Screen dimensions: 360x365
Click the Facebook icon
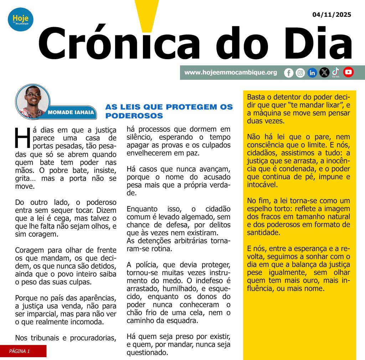[289, 73]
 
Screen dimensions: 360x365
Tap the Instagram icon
[300, 73]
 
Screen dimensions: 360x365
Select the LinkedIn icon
[312, 73]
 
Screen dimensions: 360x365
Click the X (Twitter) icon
[324, 73]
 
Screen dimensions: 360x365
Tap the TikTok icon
[335, 72]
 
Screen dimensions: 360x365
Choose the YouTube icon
[348, 72]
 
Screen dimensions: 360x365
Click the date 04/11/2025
[331, 15]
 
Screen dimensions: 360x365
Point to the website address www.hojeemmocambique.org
[231, 72]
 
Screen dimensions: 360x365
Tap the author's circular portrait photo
[33, 101]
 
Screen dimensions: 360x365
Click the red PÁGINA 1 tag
[23, 351]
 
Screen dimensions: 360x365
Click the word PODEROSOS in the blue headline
[134, 116]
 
